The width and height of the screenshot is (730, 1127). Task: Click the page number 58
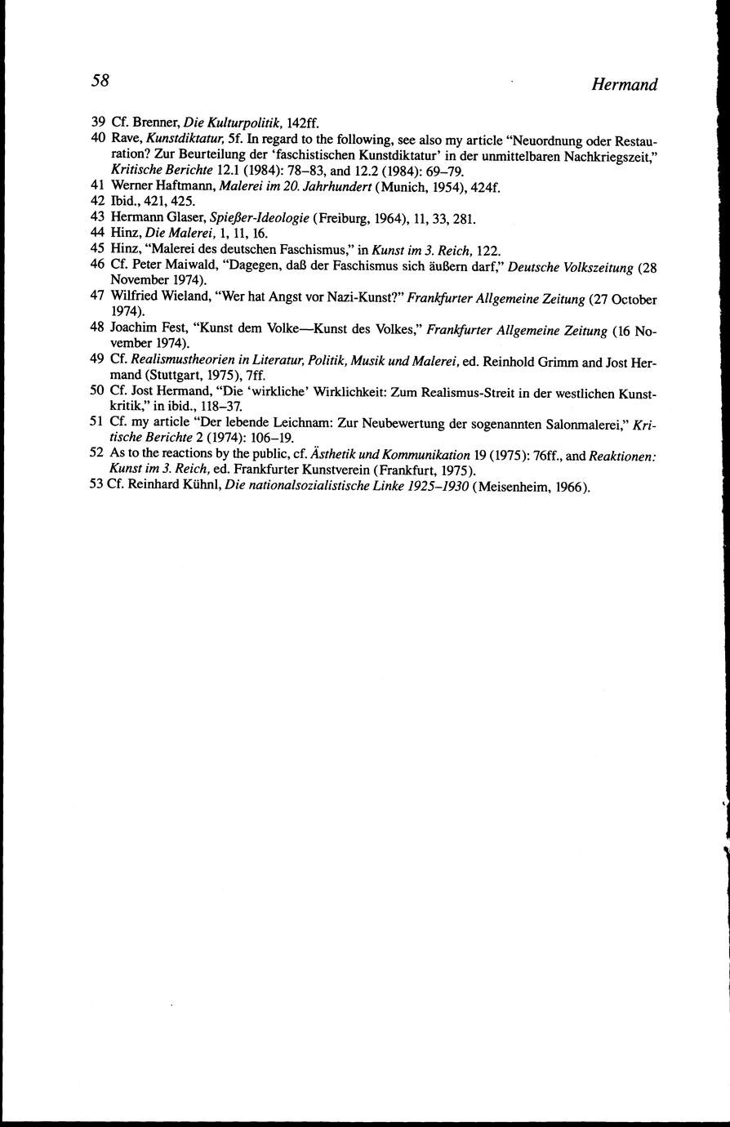[100, 80]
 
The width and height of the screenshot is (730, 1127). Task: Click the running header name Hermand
[625, 85]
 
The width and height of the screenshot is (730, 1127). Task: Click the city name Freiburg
[343, 218]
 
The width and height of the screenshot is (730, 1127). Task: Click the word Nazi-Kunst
[373, 297]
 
